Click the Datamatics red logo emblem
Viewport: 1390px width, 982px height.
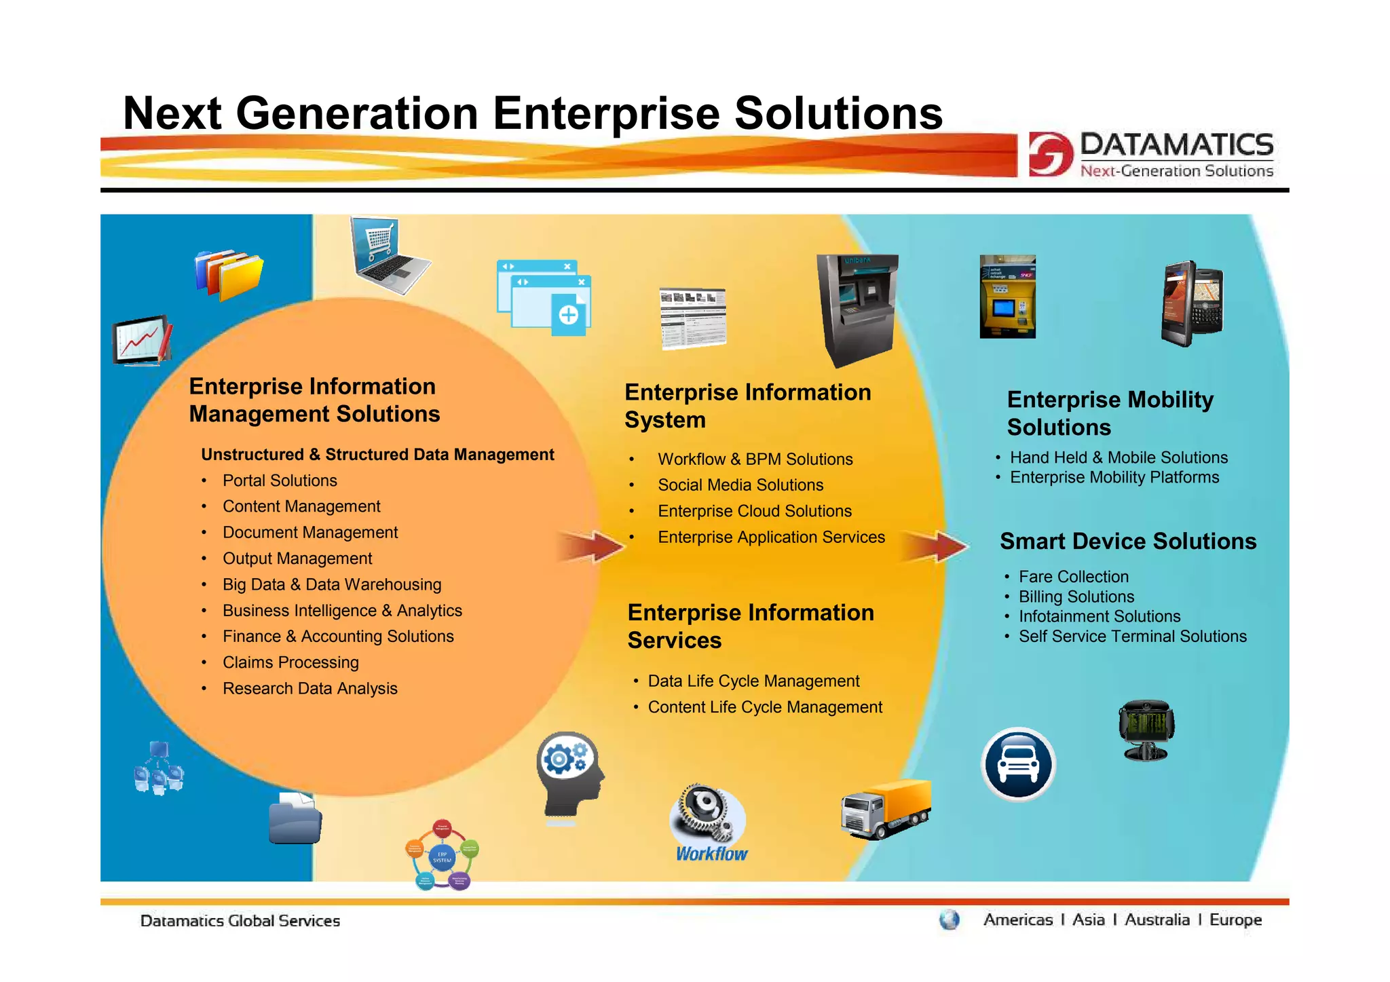click(1050, 154)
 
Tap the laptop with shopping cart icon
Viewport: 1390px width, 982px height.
click(388, 256)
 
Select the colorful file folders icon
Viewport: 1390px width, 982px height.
click(228, 275)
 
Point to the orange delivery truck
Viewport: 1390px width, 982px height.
click(886, 809)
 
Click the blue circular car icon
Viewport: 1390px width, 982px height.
click(1018, 764)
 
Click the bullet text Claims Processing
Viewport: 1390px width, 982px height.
click(290, 662)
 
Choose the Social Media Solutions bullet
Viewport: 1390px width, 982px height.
click(740, 485)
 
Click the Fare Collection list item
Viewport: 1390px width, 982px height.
click(1073, 577)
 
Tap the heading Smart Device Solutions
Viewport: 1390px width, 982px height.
click(1128, 542)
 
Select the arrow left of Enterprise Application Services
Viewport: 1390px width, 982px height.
click(590, 546)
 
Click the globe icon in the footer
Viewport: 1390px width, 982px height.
click(949, 920)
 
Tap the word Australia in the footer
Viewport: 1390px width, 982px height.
click(1157, 920)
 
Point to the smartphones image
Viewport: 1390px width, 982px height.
click(1192, 303)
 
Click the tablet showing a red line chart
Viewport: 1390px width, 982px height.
click(141, 340)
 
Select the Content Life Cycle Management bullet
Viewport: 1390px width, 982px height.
click(765, 707)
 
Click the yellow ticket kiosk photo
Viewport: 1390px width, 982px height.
click(1007, 297)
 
